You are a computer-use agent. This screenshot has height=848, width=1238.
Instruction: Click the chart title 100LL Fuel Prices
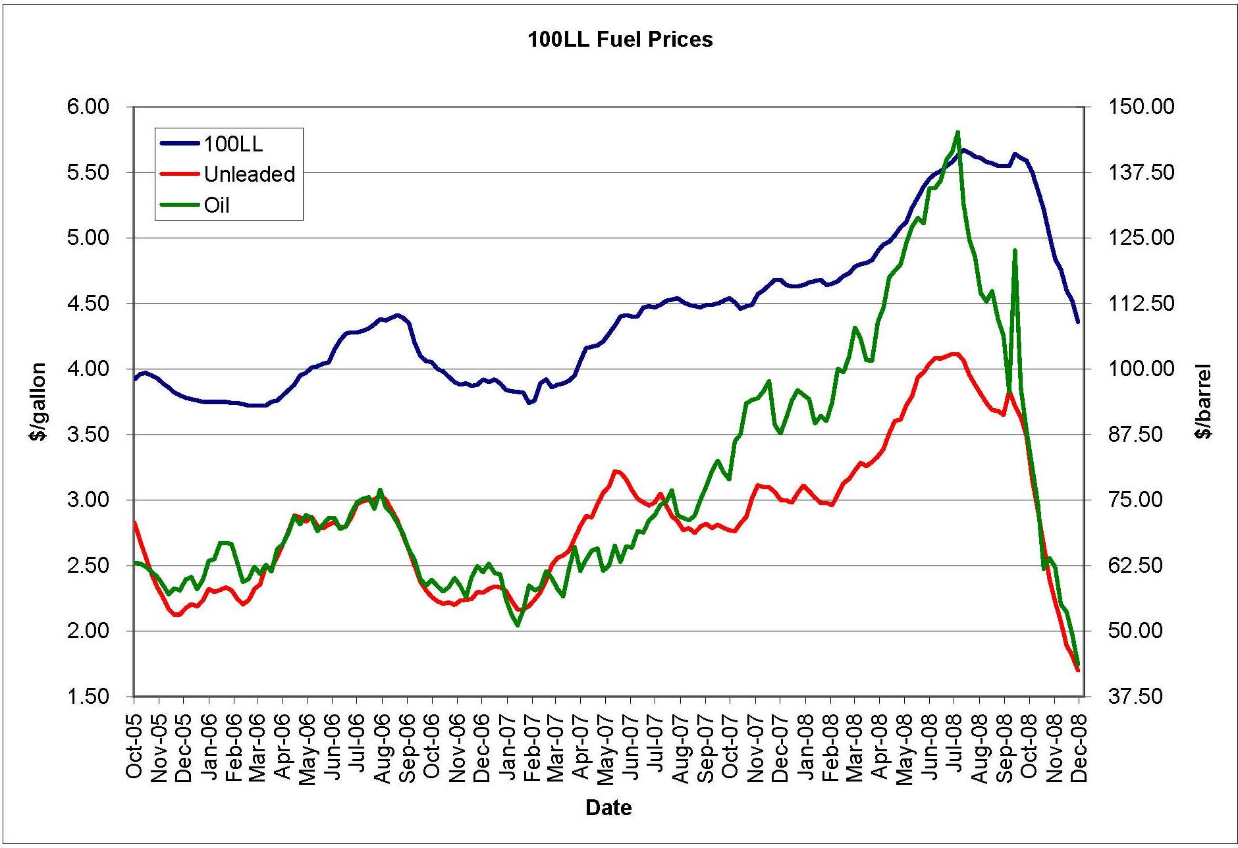coord(620,40)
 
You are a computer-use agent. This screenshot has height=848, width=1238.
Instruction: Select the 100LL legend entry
coord(232,144)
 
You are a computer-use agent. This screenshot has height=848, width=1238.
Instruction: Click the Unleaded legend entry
coord(249,174)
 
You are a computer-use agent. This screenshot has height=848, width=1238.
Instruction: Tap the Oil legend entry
coord(216,205)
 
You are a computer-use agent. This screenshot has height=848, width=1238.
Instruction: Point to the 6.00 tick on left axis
coord(88,107)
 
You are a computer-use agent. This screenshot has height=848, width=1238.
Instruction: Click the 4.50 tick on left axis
coord(88,304)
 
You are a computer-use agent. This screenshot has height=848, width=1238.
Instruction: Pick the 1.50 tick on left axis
coord(88,697)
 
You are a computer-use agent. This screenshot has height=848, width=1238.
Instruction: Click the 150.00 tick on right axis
coord(1141,107)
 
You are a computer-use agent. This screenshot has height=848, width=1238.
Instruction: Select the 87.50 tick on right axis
coord(1135,435)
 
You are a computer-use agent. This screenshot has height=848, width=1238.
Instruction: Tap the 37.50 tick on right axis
coord(1135,697)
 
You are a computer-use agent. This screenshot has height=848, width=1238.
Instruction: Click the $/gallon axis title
coord(38,401)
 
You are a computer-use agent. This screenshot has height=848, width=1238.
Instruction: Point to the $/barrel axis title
coord(1204,401)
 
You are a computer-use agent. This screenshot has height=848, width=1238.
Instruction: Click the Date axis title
coord(608,807)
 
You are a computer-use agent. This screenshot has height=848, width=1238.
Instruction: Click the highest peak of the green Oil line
coord(957,132)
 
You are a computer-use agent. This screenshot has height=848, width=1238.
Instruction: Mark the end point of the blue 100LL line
coord(1078,322)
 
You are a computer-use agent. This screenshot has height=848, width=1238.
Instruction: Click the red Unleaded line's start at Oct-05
coord(134,522)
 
